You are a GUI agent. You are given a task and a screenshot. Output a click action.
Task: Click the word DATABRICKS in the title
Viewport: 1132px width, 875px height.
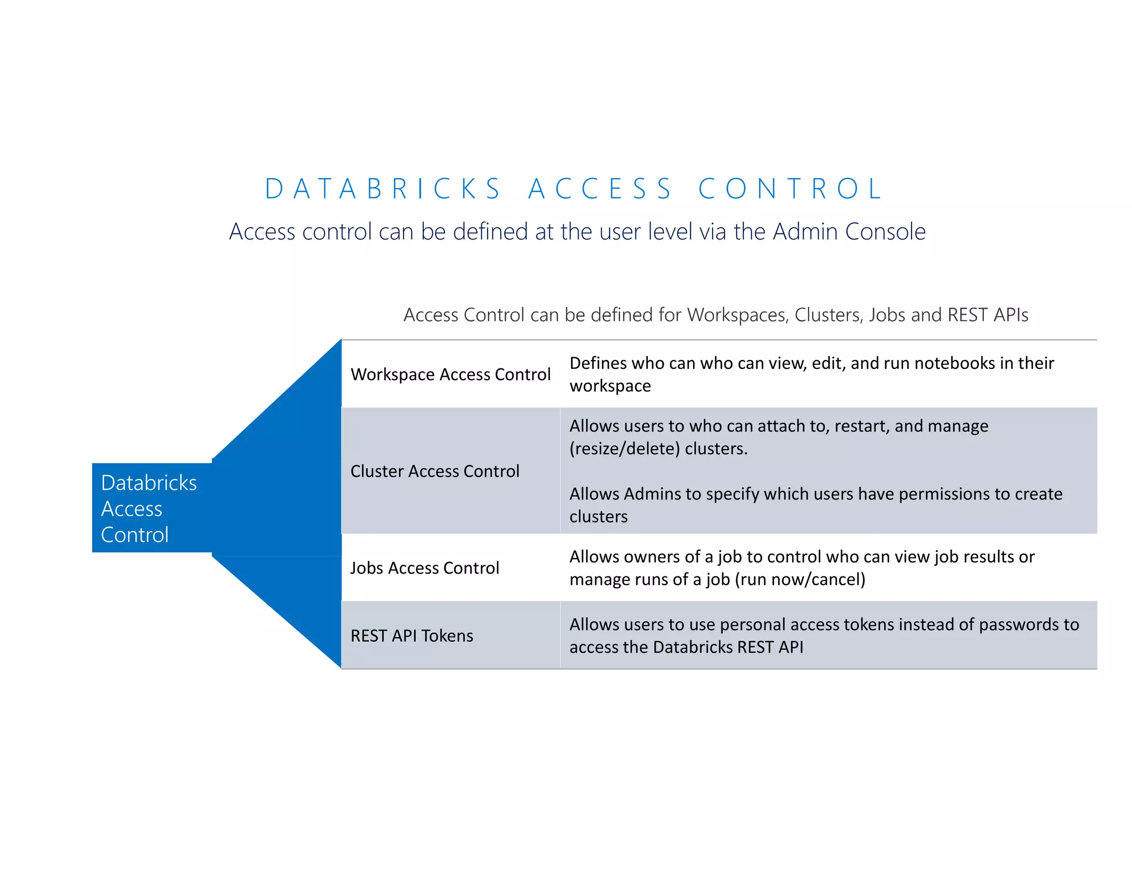(x=382, y=189)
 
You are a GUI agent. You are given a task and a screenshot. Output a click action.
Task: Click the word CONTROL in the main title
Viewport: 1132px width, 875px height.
(x=790, y=189)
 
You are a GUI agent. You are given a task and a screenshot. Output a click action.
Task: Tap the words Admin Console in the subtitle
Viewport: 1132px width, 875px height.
(x=849, y=231)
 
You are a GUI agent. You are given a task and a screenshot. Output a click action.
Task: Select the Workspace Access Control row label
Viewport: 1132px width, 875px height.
(x=450, y=374)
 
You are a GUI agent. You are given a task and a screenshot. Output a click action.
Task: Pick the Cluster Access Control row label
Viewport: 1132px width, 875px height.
(x=435, y=471)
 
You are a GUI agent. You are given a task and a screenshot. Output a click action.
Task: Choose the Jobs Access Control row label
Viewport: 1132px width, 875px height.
(x=424, y=568)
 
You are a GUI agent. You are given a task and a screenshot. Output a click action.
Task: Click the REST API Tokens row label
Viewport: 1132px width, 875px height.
(x=412, y=636)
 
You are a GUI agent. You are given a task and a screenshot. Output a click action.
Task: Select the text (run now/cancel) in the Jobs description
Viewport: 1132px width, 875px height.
(x=800, y=580)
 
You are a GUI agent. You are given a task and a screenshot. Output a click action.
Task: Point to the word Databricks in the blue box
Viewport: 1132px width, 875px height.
(x=149, y=483)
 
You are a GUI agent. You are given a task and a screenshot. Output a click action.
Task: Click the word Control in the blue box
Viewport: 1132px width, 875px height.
(x=135, y=535)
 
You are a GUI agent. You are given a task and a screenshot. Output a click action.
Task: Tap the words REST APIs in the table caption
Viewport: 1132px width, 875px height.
(x=988, y=315)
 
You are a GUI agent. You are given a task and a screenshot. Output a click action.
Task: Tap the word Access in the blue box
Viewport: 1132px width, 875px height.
(x=132, y=509)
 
